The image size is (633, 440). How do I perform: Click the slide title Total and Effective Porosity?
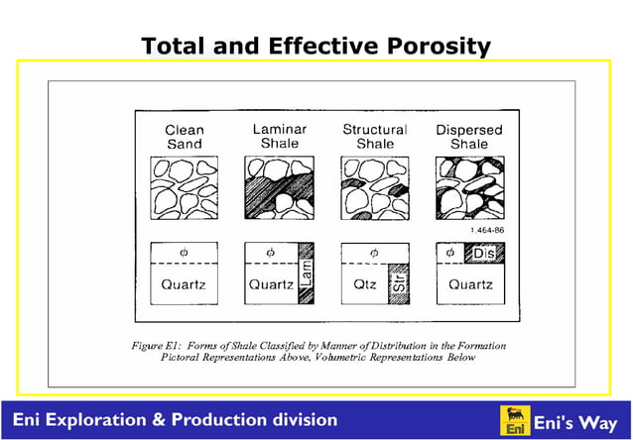[316, 46]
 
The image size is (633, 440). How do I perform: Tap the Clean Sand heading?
[184, 137]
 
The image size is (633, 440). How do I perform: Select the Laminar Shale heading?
[279, 136]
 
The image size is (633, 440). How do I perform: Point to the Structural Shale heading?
[374, 136]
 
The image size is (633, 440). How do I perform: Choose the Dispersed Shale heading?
[469, 137]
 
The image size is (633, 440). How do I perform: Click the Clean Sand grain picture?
[184, 188]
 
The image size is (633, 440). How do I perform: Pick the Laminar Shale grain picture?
[279, 188]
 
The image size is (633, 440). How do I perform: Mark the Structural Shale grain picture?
[374, 188]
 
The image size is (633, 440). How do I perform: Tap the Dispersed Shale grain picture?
[469, 188]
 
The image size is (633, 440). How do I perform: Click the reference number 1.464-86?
[485, 230]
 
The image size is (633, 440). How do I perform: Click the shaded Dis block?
[483, 253]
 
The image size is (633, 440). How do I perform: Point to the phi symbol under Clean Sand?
[184, 252]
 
